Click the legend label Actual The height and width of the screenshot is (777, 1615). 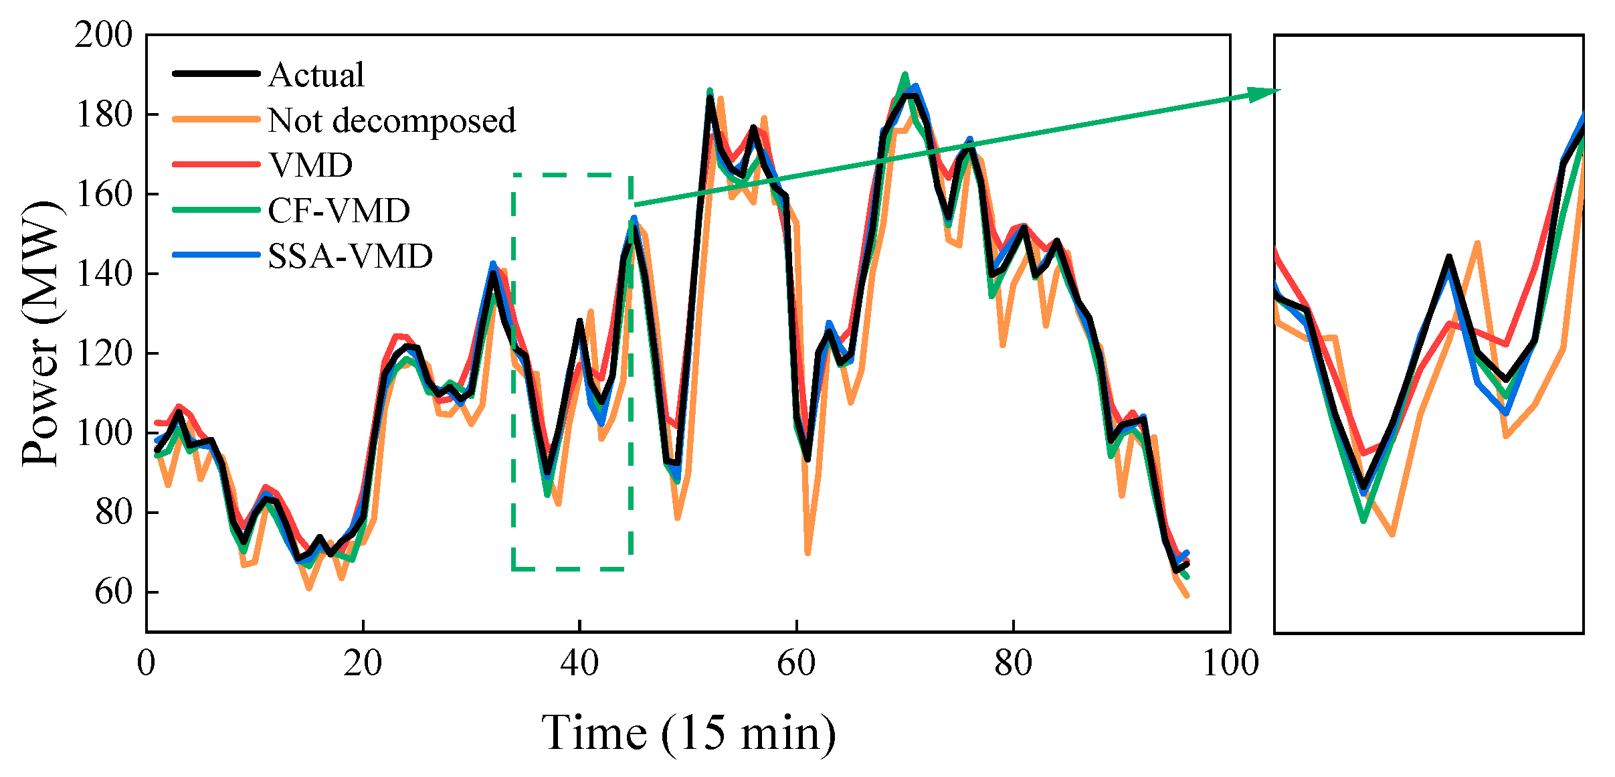[x=316, y=74]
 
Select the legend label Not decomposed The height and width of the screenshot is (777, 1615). [x=391, y=120]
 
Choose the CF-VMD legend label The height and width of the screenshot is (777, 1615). [x=339, y=210]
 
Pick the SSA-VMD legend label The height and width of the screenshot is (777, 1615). [x=350, y=256]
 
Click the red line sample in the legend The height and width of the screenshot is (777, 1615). [x=216, y=164]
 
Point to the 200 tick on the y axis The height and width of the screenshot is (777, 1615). [x=104, y=35]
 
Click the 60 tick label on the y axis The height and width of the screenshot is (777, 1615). [x=114, y=592]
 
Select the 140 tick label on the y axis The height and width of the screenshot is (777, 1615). [x=104, y=274]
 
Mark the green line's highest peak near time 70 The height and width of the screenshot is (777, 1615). [x=905, y=74]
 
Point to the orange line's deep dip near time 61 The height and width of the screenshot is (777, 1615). [x=807, y=553]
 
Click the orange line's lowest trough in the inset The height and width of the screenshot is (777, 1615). [x=1392, y=535]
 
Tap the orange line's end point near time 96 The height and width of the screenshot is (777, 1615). [x=1187, y=596]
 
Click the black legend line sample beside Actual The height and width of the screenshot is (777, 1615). [x=216, y=74]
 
